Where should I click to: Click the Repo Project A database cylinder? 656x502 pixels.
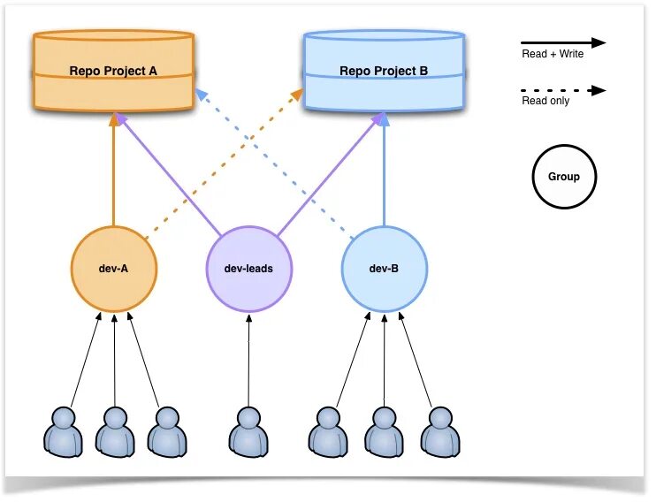pos(113,71)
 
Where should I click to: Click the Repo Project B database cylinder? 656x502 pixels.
pos(384,71)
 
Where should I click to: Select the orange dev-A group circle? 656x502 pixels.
pos(114,269)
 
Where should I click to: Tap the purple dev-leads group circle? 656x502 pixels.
pos(248,269)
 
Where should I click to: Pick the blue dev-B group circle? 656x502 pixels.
pos(384,269)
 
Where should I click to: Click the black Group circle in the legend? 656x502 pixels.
pos(564,177)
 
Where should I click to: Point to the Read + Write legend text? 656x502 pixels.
pos(553,54)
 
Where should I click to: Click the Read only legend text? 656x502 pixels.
pos(545,101)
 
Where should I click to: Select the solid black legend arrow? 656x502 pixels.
pos(562,42)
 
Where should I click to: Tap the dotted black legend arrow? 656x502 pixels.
pos(562,90)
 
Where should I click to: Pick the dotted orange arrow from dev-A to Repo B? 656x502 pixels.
pos(221,164)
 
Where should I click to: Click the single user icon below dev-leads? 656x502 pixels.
pos(248,430)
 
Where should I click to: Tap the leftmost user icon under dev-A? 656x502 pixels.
pos(63,430)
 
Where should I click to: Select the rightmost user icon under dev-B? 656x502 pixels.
pos(439,430)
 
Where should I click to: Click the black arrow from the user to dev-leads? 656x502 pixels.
pos(248,358)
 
